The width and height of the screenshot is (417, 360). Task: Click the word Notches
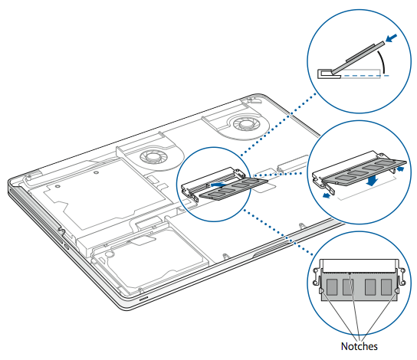(359, 346)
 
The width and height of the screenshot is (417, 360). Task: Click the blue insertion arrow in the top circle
(391, 38)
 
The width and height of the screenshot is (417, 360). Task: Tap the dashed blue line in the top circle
(365, 76)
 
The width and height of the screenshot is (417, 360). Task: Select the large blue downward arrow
(372, 181)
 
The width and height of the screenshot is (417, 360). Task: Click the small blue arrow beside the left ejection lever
(326, 196)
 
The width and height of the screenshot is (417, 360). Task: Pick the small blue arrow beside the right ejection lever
(400, 169)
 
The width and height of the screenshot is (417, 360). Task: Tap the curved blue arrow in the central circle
(218, 184)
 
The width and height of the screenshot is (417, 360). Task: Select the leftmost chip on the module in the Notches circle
(332, 287)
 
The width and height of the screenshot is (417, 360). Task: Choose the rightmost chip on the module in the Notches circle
(386, 287)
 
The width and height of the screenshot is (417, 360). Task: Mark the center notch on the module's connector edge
(350, 273)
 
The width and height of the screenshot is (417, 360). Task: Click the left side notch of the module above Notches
(321, 292)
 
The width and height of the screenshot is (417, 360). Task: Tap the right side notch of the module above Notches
(396, 292)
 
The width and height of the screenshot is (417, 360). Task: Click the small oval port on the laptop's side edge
(66, 247)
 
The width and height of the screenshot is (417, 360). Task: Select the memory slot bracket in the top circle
(329, 74)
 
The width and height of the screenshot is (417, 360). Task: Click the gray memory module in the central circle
(234, 188)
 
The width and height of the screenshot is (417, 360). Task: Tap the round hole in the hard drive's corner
(110, 254)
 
